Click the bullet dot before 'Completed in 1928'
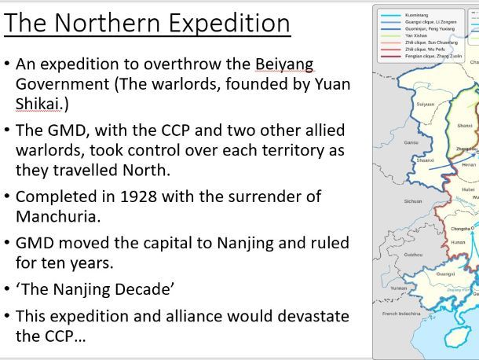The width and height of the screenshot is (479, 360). [x=7, y=197]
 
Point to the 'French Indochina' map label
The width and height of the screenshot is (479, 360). [x=400, y=313]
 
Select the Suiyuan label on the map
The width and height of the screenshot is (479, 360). [x=425, y=104]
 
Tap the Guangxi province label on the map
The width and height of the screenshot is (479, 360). [x=445, y=274]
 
